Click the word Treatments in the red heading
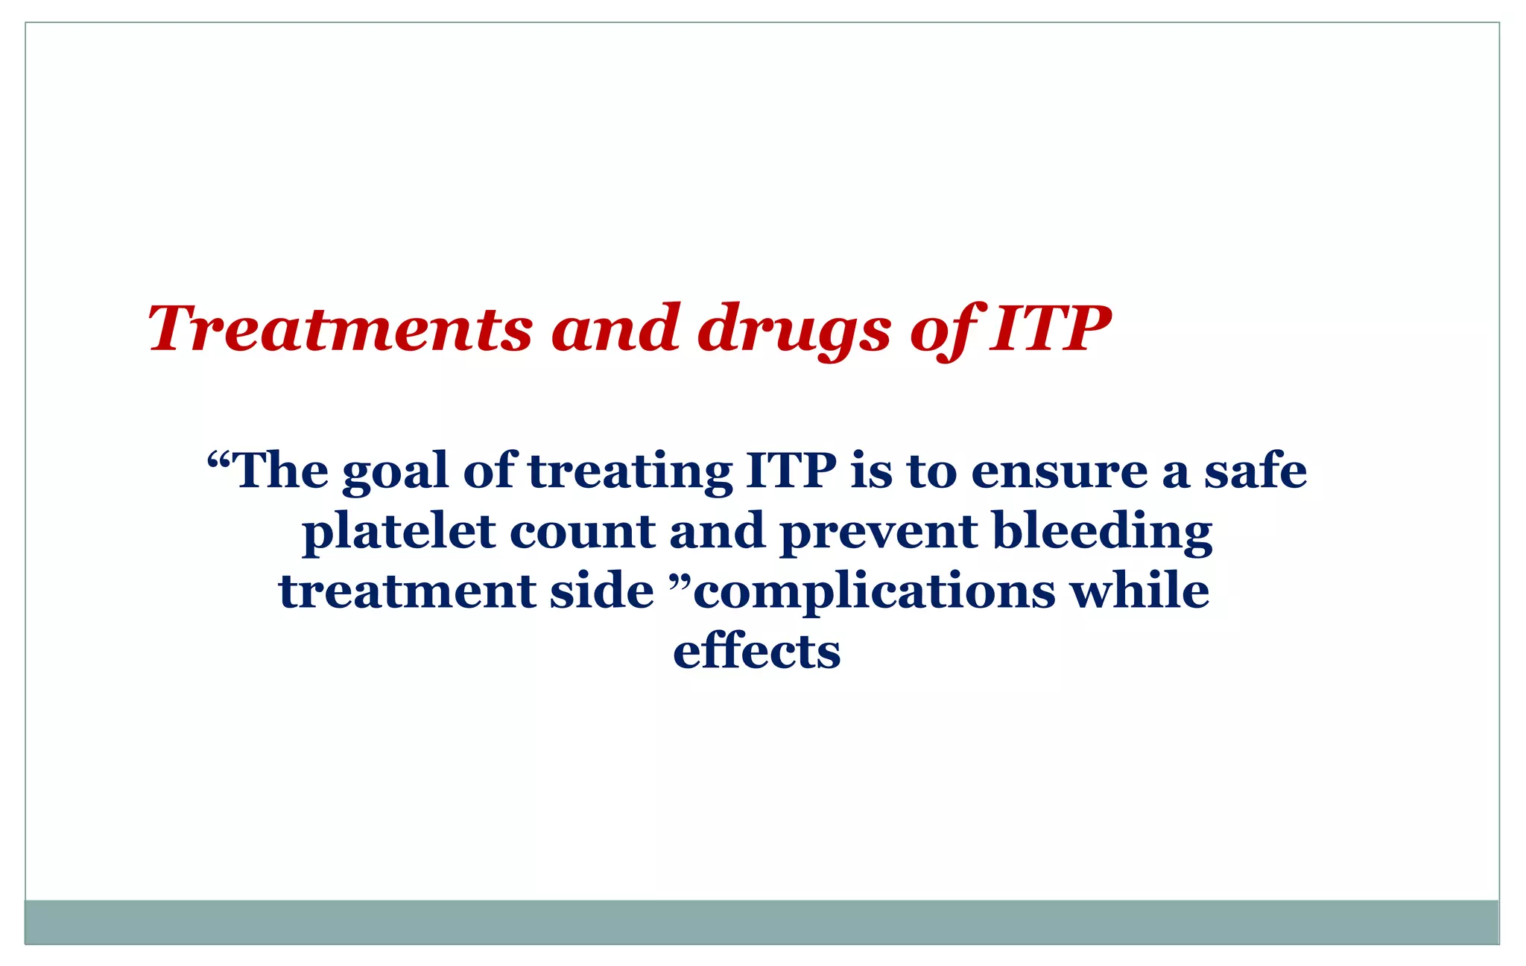[x=340, y=329]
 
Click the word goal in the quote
[x=395, y=472]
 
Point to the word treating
[x=630, y=472]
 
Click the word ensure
[x=1059, y=472]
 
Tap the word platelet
[x=399, y=533]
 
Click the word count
[x=582, y=533]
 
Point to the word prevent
[x=878, y=533]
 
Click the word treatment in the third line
[x=407, y=592]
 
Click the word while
[x=1139, y=591]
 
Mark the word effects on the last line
[x=756, y=652]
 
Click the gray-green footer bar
[x=762, y=921]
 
